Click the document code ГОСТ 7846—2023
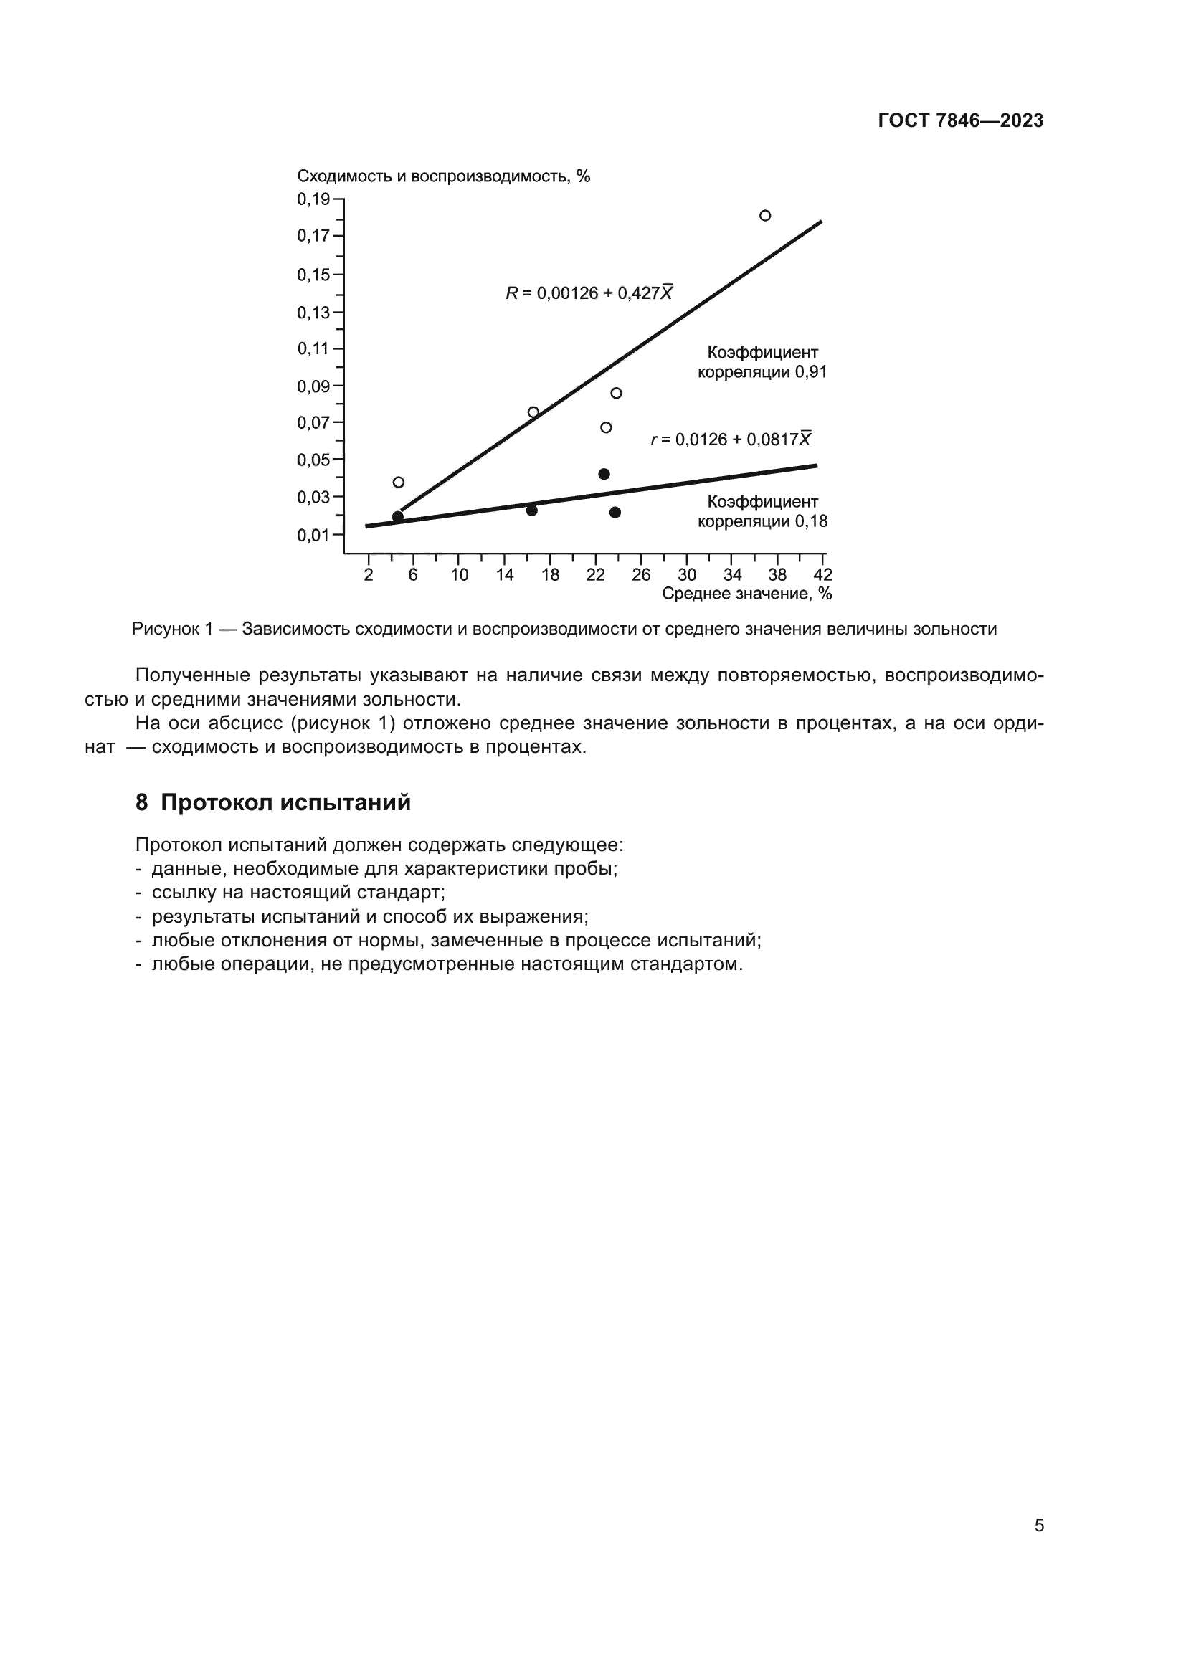(960, 120)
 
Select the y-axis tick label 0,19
(313, 199)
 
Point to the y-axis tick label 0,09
(313, 386)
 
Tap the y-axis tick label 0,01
(313, 536)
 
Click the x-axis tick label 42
(822, 575)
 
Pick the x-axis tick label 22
(595, 575)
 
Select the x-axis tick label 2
(368, 575)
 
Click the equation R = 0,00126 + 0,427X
(589, 294)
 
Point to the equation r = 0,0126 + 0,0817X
(730, 440)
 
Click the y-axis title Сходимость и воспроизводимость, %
(443, 176)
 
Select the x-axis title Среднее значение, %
(746, 594)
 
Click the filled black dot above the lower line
(604, 474)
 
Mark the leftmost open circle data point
(399, 482)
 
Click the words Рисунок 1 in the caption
(172, 629)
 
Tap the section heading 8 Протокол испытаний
(273, 803)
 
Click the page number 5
(1038, 1525)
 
